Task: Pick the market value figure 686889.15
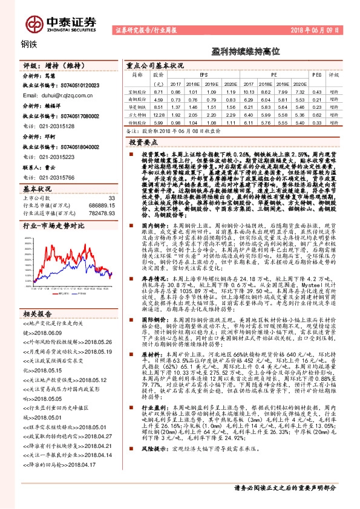[x=100, y=206]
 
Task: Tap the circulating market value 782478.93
[x=100, y=215]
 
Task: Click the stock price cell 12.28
[x=159, y=114]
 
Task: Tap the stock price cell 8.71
[x=159, y=91]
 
